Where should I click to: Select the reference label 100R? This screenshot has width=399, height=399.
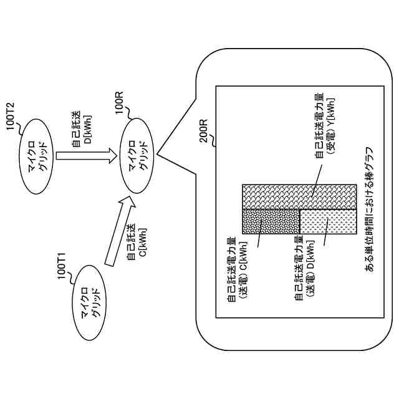click(x=118, y=103)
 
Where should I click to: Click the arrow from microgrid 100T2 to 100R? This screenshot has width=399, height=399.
click(x=86, y=156)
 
